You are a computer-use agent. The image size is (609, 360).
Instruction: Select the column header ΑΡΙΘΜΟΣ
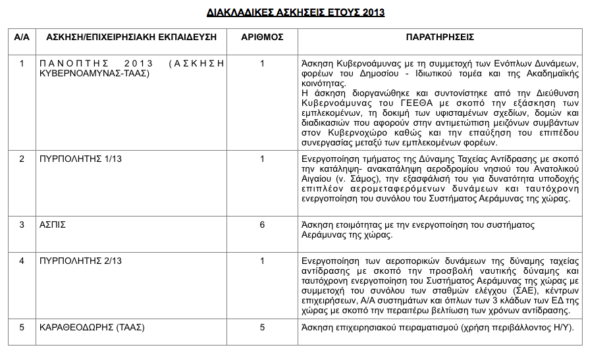pyautogui.click(x=262, y=38)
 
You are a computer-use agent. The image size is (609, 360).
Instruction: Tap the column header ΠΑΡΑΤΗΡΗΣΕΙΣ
pyautogui.click(x=440, y=38)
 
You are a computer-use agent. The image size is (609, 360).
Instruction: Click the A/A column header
pyautogui.click(x=22, y=38)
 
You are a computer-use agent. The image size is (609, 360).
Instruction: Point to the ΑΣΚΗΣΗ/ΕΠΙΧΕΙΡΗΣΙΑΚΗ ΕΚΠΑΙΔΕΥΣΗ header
pyautogui.click(x=132, y=38)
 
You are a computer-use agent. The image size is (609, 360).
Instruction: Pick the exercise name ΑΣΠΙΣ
pyautogui.click(x=53, y=224)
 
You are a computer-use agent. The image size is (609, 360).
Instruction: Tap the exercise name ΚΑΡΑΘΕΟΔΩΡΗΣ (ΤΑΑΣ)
pyautogui.click(x=92, y=326)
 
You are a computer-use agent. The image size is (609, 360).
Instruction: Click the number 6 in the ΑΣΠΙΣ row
pyautogui.click(x=262, y=224)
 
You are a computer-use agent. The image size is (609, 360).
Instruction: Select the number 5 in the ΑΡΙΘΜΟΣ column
pyautogui.click(x=262, y=326)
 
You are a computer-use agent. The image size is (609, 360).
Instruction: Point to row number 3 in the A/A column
pyautogui.click(x=22, y=224)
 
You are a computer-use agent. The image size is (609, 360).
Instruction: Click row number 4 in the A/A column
pyautogui.click(x=22, y=261)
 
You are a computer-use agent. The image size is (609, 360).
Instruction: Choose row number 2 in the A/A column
pyautogui.click(x=22, y=159)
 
